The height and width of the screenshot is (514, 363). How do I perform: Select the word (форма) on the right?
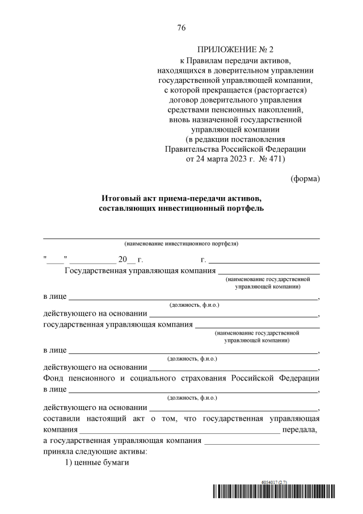point(305,178)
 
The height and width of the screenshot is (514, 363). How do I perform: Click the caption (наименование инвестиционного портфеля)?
point(181,244)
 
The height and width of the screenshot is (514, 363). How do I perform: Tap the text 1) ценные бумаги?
point(97,463)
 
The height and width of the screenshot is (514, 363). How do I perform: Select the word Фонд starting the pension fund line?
point(54,378)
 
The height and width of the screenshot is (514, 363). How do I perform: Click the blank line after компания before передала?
point(180,431)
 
